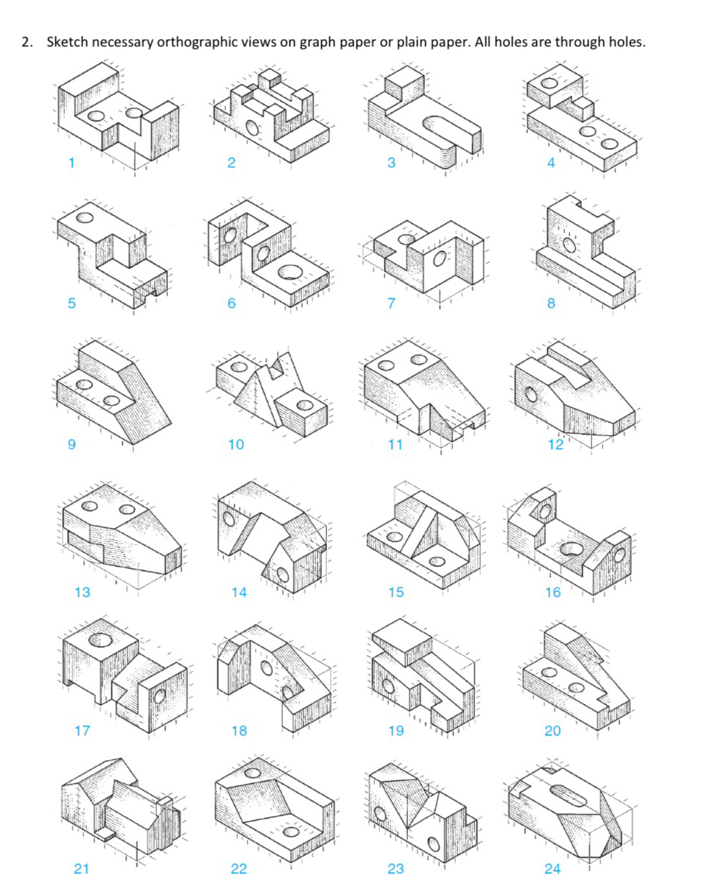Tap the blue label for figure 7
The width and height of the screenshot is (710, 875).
pyautogui.click(x=391, y=303)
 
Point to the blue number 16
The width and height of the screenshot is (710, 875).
pyautogui.click(x=552, y=591)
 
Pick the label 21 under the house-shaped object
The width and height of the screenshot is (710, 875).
pyautogui.click(x=82, y=868)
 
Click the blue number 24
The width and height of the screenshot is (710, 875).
pyautogui.click(x=552, y=868)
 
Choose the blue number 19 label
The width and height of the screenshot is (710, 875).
pyautogui.click(x=396, y=731)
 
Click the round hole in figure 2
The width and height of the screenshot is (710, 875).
pyautogui.click(x=253, y=128)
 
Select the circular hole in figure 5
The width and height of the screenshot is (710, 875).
pyautogui.click(x=85, y=218)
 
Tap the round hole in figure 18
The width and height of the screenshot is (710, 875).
pyautogui.click(x=266, y=667)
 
